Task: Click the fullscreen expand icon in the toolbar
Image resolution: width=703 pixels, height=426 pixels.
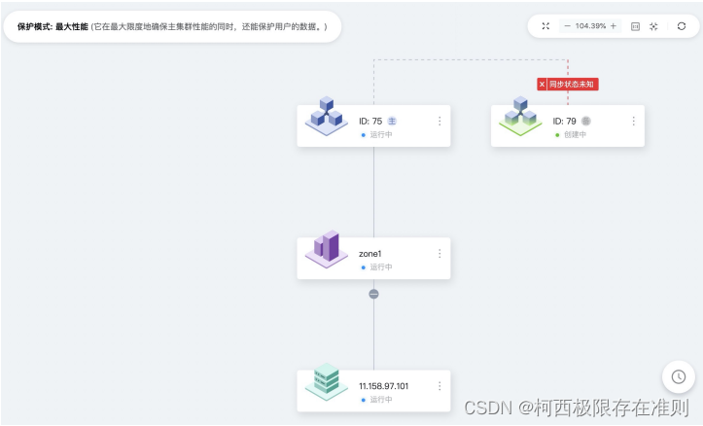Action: (545, 26)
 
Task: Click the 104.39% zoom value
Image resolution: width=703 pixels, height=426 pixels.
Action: (590, 26)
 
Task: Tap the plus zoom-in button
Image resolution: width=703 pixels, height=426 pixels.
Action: (613, 26)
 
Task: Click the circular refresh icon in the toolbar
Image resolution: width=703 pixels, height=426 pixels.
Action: (681, 26)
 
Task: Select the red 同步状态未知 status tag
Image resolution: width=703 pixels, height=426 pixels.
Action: (567, 85)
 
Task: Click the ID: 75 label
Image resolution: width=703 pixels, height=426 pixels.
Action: (370, 122)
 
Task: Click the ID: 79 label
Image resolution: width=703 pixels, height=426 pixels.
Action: (564, 122)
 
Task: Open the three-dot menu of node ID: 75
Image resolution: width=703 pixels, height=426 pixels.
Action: (439, 122)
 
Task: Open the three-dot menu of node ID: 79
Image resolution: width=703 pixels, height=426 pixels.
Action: (633, 122)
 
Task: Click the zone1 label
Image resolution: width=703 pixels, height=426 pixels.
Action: (370, 254)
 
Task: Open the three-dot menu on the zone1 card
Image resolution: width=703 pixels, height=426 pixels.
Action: (439, 254)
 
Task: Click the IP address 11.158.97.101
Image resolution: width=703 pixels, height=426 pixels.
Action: (384, 386)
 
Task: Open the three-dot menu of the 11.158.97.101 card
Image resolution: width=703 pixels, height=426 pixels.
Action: (439, 386)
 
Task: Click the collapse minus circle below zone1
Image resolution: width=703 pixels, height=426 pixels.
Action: (373, 294)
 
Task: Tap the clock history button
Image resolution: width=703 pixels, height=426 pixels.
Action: (678, 376)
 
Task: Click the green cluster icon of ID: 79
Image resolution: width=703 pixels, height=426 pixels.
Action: (520, 118)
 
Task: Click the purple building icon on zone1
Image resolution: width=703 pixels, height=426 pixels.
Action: (327, 249)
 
